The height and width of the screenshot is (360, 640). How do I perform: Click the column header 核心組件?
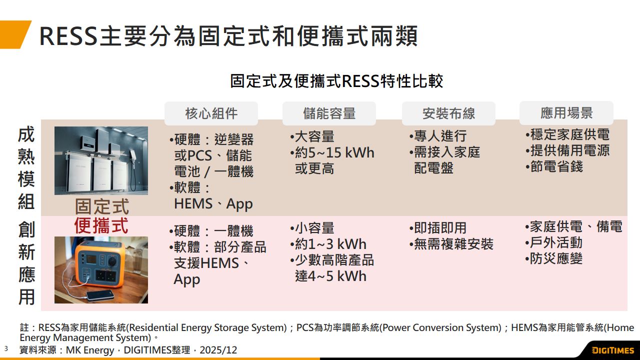[x=211, y=113]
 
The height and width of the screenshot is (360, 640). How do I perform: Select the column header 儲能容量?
[x=329, y=113]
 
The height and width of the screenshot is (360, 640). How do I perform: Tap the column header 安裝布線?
[x=448, y=113]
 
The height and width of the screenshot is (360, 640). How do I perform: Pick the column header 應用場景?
[x=566, y=113]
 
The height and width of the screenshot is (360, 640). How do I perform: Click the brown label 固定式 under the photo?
[x=102, y=206]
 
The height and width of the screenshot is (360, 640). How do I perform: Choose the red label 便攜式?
[x=101, y=225]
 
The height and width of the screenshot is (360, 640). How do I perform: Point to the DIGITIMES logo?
[x=612, y=350]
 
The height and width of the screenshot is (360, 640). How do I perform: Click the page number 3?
[x=6, y=348]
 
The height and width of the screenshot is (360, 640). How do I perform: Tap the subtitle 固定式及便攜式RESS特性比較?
[x=336, y=81]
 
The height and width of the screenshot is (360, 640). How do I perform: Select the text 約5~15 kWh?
[x=334, y=152]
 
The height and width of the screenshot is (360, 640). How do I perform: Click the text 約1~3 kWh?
[x=330, y=244]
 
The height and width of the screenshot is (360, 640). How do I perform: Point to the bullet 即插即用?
[x=437, y=228]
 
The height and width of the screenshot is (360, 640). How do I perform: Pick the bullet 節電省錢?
[x=554, y=166]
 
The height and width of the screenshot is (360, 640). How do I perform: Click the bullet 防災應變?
[x=553, y=258]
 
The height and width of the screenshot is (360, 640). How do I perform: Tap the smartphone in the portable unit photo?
[x=100, y=295]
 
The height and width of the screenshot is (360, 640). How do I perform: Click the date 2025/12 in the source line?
[x=218, y=350]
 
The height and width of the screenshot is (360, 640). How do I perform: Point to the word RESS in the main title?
[x=68, y=36]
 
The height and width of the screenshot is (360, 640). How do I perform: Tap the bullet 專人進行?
[x=438, y=136]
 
